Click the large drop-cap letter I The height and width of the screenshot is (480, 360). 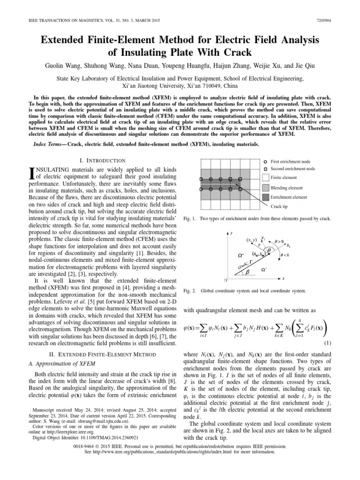[x=32, y=174]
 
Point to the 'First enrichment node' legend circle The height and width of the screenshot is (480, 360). [x=265, y=161]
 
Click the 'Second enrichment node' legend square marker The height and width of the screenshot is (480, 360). [x=265, y=169]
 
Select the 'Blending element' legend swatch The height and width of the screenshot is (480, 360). [x=265, y=187]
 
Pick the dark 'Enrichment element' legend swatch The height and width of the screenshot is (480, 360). [x=265, y=197]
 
